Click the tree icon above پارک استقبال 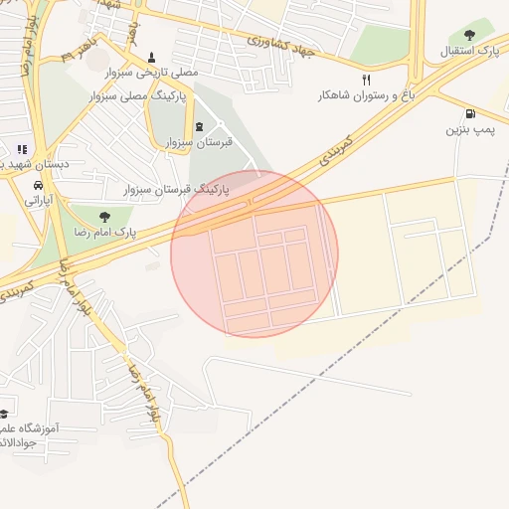click(470, 35)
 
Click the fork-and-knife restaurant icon click(366, 80)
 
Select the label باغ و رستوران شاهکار click(366, 95)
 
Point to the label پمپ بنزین click(468, 129)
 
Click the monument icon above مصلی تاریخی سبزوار click(151, 57)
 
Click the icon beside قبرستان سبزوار click(200, 126)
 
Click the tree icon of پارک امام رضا click(103, 215)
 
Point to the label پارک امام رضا click(103, 232)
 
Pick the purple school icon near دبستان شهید click(22, 149)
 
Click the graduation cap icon click(4, 413)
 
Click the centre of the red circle click(254, 254)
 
